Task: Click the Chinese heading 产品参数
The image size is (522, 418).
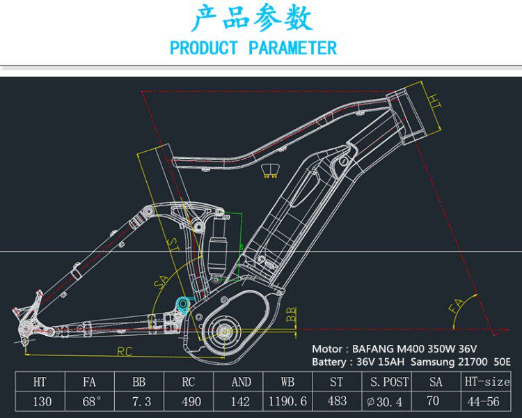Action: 252,19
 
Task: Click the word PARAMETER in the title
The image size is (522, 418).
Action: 292,48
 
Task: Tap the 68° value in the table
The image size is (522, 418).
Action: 92,402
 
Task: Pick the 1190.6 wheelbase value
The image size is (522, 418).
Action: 287,402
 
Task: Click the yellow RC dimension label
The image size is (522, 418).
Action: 125,351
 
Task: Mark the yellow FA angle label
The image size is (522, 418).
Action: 457,306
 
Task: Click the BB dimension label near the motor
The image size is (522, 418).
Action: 291,313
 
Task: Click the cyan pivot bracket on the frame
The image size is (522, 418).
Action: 184,303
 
